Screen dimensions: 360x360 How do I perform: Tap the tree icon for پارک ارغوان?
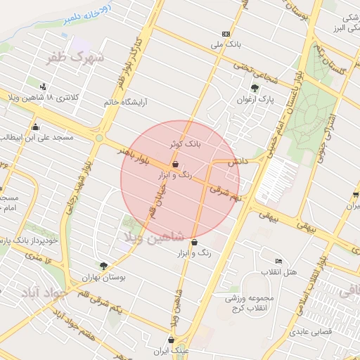point(255,88)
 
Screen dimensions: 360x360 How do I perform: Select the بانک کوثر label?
point(185,143)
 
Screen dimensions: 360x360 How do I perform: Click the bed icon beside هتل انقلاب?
point(279,262)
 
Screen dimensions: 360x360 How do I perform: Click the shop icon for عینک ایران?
point(171,340)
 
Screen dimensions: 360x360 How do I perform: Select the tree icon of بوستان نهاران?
point(103,266)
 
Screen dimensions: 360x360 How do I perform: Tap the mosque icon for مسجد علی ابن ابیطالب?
point(35,127)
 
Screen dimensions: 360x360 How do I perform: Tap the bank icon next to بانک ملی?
point(226,34)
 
